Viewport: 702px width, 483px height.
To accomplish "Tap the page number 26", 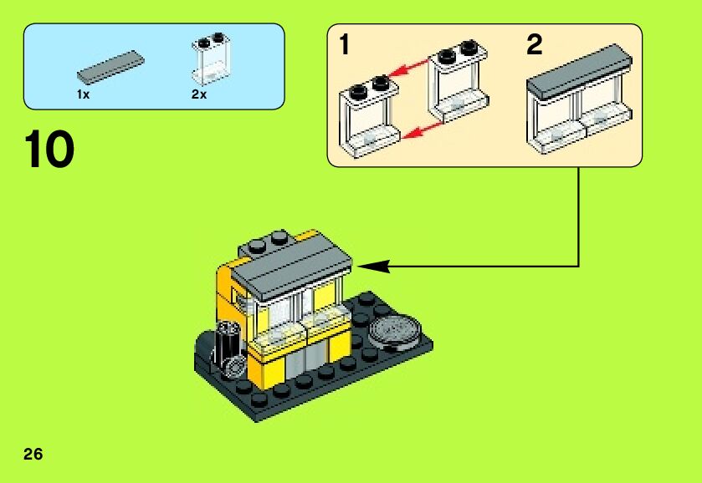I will [33, 455].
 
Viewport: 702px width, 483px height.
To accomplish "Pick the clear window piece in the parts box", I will [212, 59].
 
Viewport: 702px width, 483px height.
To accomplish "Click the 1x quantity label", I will [83, 95].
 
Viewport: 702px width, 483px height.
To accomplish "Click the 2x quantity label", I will [199, 95].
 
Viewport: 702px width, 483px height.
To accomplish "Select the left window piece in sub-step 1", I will [368, 117].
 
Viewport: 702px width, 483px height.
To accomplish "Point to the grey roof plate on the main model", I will [293, 261].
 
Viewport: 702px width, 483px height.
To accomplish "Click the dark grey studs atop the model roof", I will [265, 242].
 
